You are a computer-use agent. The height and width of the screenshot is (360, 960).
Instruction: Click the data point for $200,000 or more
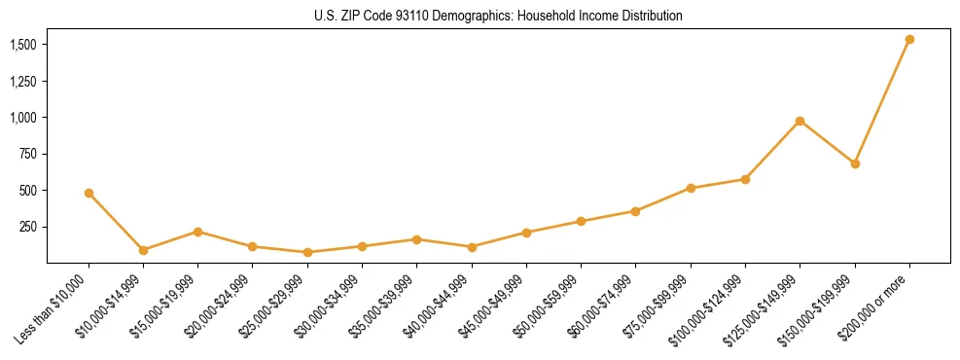(909, 40)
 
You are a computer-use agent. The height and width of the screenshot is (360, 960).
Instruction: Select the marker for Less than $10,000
(89, 193)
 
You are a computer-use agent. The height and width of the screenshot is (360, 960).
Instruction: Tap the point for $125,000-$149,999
(800, 121)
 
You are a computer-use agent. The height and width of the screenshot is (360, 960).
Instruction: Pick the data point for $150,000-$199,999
(855, 163)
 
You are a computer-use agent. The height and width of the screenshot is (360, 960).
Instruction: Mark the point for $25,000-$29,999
(307, 252)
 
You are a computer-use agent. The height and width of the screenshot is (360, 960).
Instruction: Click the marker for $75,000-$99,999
(691, 188)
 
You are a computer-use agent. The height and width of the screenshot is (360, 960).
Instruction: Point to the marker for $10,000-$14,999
(143, 250)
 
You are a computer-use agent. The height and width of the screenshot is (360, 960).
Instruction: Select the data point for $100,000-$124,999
(745, 179)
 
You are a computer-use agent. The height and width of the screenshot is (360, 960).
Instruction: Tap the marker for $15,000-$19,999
(197, 232)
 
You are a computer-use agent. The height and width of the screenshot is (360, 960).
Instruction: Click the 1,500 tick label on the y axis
(23, 45)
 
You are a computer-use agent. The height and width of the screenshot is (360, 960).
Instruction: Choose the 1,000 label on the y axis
(23, 118)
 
